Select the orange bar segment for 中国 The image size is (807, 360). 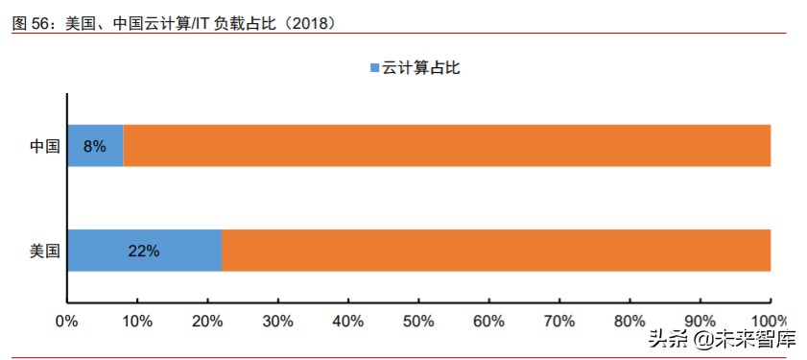446,146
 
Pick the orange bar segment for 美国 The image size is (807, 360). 496,252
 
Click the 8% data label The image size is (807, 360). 95,147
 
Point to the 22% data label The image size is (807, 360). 143,252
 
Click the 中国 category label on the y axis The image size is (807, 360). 44,147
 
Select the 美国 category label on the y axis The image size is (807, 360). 44,252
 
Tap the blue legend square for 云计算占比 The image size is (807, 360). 373,68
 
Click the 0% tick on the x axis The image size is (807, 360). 66,320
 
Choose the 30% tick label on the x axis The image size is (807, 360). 277,320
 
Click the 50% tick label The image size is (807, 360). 418,320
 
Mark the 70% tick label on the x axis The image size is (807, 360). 559,320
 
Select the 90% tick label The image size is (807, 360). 700,320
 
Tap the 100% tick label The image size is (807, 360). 769,320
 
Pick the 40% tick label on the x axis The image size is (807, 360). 347,320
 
